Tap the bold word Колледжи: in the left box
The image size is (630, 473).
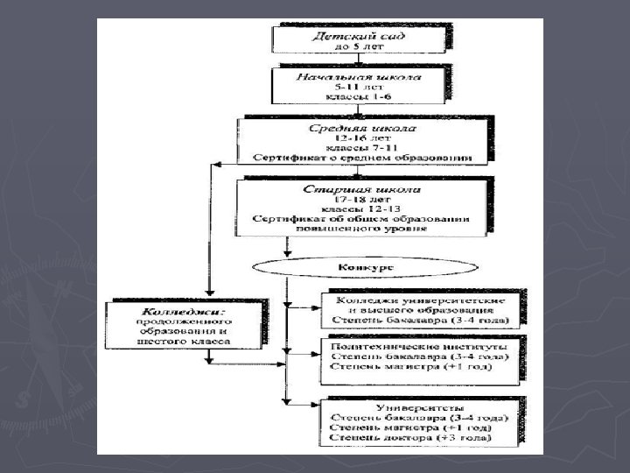[184, 310]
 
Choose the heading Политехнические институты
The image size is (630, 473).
[416, 346]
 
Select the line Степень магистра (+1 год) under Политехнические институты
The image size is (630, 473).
[416, 367]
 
